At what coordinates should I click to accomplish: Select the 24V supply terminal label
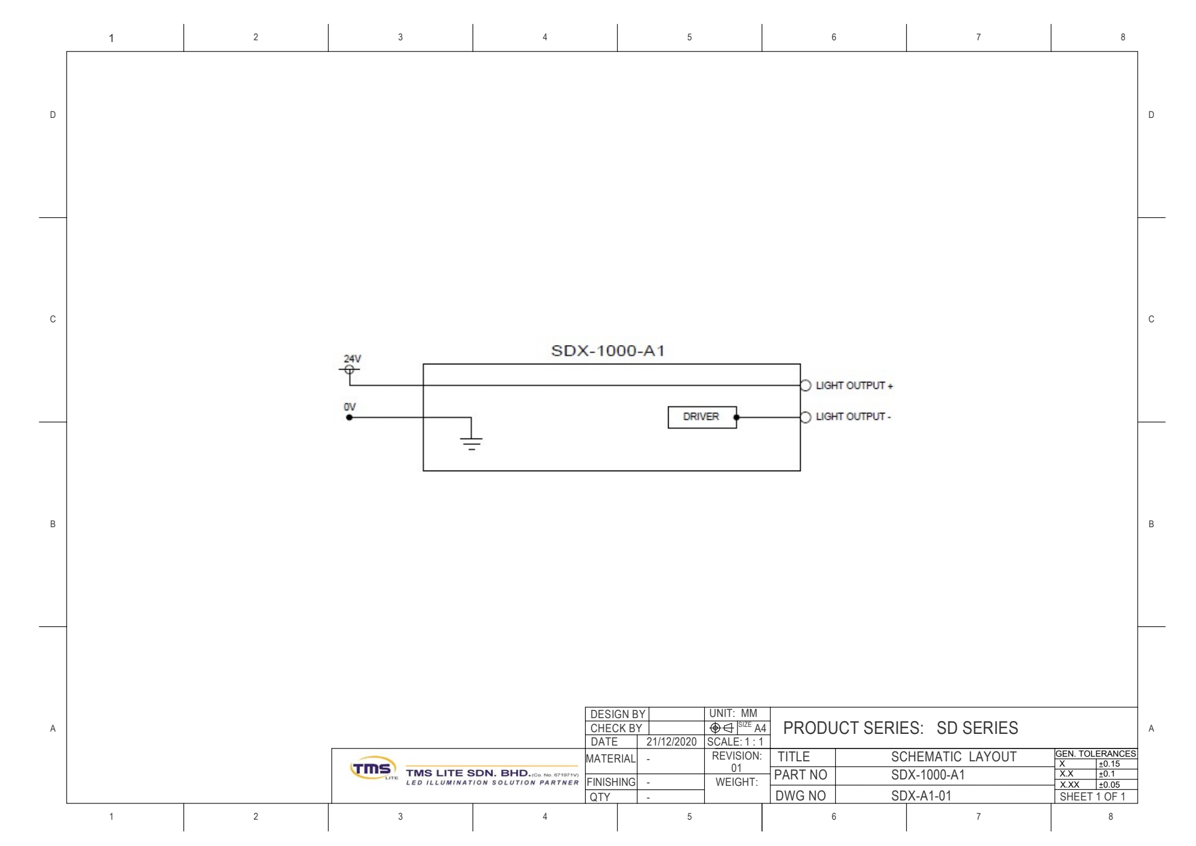[x=352, y=358]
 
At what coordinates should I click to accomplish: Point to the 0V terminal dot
[x=349, y=417]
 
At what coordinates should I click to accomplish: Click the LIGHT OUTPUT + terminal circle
[x=806, y=385]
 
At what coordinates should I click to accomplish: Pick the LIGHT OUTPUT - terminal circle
[x=806, y=417]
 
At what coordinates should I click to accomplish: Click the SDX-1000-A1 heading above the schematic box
[x=608, y=351]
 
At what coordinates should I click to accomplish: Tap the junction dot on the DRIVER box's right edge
[x=736, y=417]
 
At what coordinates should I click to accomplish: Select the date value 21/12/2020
[x=672, y=741]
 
